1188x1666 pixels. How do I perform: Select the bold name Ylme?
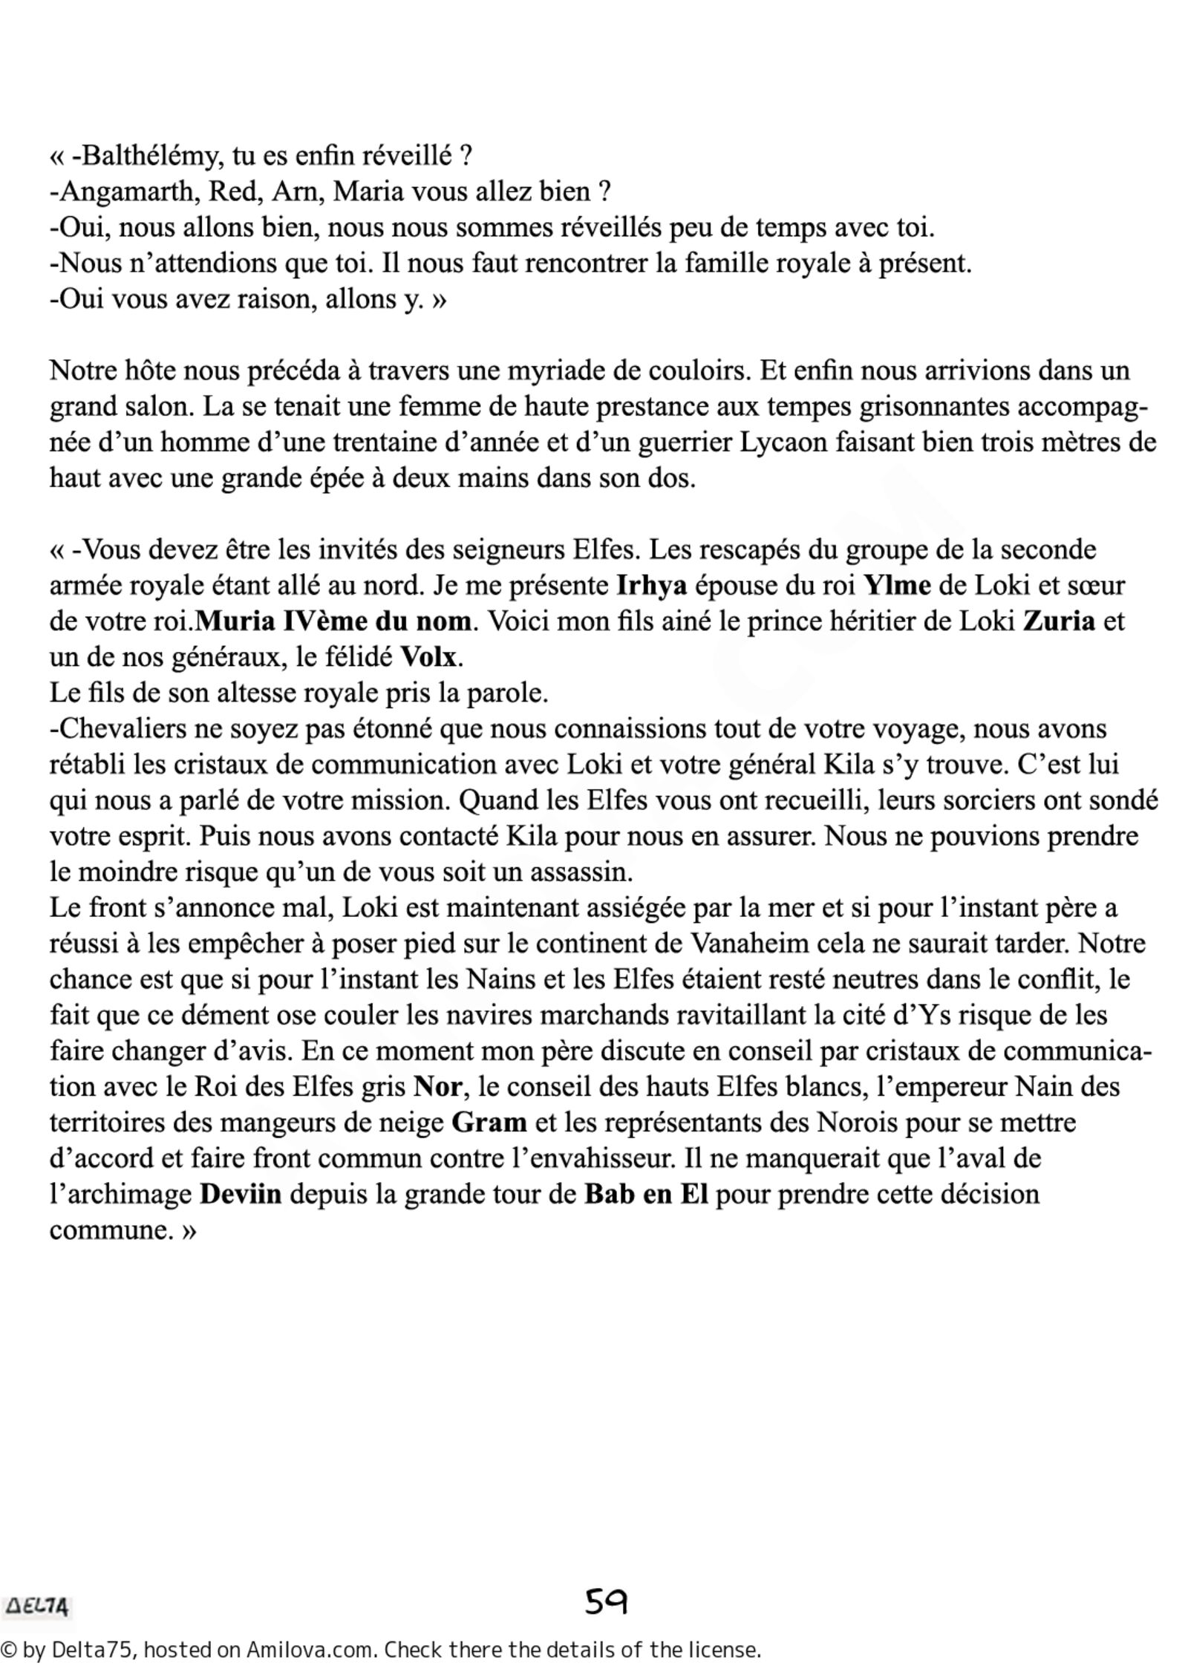click(897, 586)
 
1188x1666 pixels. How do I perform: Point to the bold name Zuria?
click(1059, 621)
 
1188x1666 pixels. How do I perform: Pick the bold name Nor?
click(439, 1087)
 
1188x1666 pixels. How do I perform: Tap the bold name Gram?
click(489, 1123)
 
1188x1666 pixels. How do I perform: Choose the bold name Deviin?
click(241, 1194)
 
